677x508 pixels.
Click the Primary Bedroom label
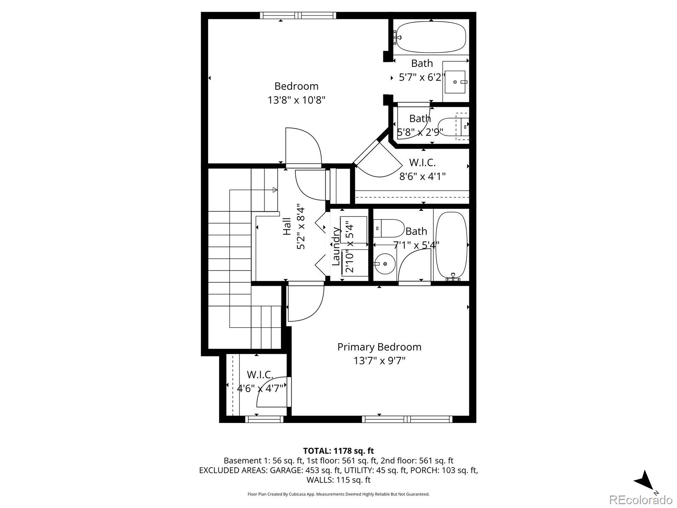(x=379, y=347)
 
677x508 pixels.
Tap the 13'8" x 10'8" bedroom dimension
(x=296, y=100)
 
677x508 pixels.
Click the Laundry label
(x=336, y=246)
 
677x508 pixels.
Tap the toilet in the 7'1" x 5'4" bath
(x=389, y=228)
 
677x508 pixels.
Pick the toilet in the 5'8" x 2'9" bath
(x=454, y=126)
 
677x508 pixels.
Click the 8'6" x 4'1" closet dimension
(x=422, y=176)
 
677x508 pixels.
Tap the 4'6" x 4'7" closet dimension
(x=259, y=388)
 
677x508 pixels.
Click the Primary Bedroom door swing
(x=305, y=304)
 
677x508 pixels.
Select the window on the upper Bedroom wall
(x=298, y=16)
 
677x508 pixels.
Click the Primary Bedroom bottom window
(x=407, y=419)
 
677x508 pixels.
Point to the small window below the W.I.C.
(x=264, y=419)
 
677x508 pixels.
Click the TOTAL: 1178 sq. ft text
(x=338, y=451)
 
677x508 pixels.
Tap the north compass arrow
(x=644, y=480)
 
